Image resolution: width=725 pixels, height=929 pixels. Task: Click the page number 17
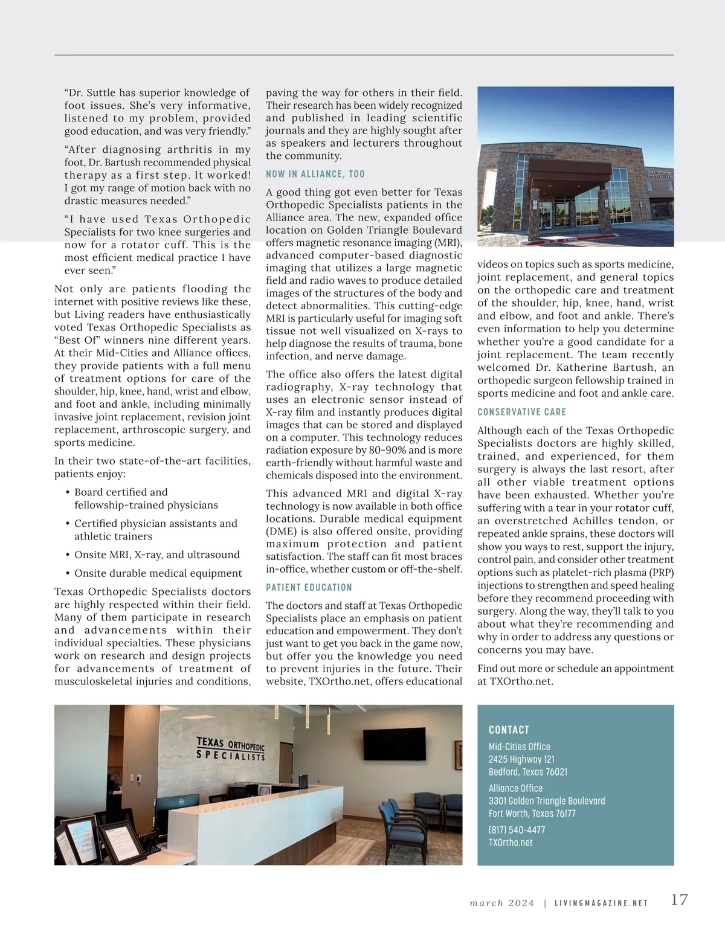pyautogui.click(x=679, y=899)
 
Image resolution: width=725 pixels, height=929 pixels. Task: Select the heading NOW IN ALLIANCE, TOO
pyautogui.click(x=315, y=174)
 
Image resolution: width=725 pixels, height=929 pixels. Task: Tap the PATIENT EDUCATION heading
pyautogui.click(x=309, y=587)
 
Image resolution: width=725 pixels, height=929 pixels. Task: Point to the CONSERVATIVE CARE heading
pyautogui.click(x=521, y=412)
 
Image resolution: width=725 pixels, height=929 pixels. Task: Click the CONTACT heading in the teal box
pyautogui.click(x=509, y=730)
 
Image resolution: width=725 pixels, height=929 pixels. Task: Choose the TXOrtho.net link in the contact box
pyautogui.click(x=511, y=843)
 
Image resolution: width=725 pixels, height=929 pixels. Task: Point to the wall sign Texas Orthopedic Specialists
pyautogui.click(x=231, y=748)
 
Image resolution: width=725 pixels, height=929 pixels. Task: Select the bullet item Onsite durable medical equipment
pyautogui.click(x=158, y=573)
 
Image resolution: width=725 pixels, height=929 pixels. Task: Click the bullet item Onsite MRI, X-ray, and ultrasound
pyautogui.click(x=156, y=555)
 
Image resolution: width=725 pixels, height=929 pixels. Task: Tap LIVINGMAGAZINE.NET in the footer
pyautogui.click(x=601, y=904)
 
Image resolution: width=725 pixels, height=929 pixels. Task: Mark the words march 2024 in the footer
pyautogui.click(x=501, y=904)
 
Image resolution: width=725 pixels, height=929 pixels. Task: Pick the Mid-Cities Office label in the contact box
pyautogui.click(x=519, y=747)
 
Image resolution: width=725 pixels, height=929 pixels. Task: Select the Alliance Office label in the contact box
pyautogui.click(x=515, y=788)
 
